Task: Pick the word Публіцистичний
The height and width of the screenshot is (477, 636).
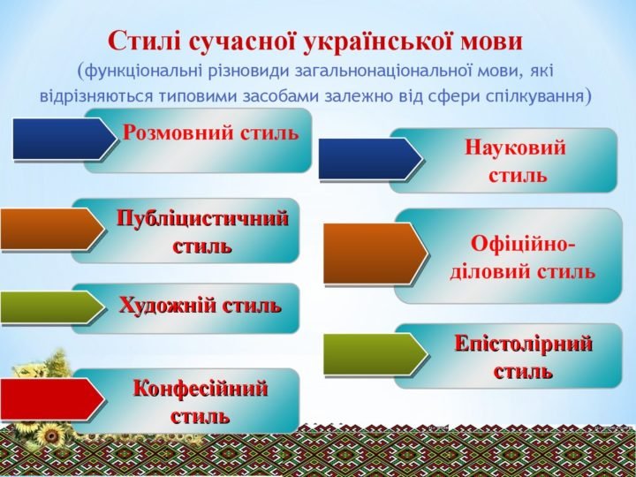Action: pyautogui.click(x=202, y=219)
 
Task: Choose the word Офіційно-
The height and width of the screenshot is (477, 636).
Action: pyautogui.click(x=523, y=244)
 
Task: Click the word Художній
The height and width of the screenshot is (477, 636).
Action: pyautogui.click(x=167, y=305)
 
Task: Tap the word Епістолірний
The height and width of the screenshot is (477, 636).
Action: pyautogui.click(x=523, y=344)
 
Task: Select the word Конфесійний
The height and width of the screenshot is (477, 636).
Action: pyautogui.click(x=201, y=389)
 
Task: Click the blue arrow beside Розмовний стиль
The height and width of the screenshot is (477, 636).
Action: pyautogui.click(x=64, y=139)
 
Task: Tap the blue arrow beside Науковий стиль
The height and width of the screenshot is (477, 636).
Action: pyautogui.click(x=370, y=159)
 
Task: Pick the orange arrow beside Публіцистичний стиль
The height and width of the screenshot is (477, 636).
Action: pyautogui.click(x=53, y=229)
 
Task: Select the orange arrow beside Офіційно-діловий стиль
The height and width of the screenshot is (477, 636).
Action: pyautogui.click(x=375, y=254)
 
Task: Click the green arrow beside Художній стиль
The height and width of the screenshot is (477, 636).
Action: pyautogui.click(x=53, y=307)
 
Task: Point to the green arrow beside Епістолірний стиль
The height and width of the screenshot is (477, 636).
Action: pyautogui.click(x=375, y=354)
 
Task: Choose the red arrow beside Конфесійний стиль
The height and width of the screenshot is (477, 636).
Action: pyautogui.click(x=53, y=399)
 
